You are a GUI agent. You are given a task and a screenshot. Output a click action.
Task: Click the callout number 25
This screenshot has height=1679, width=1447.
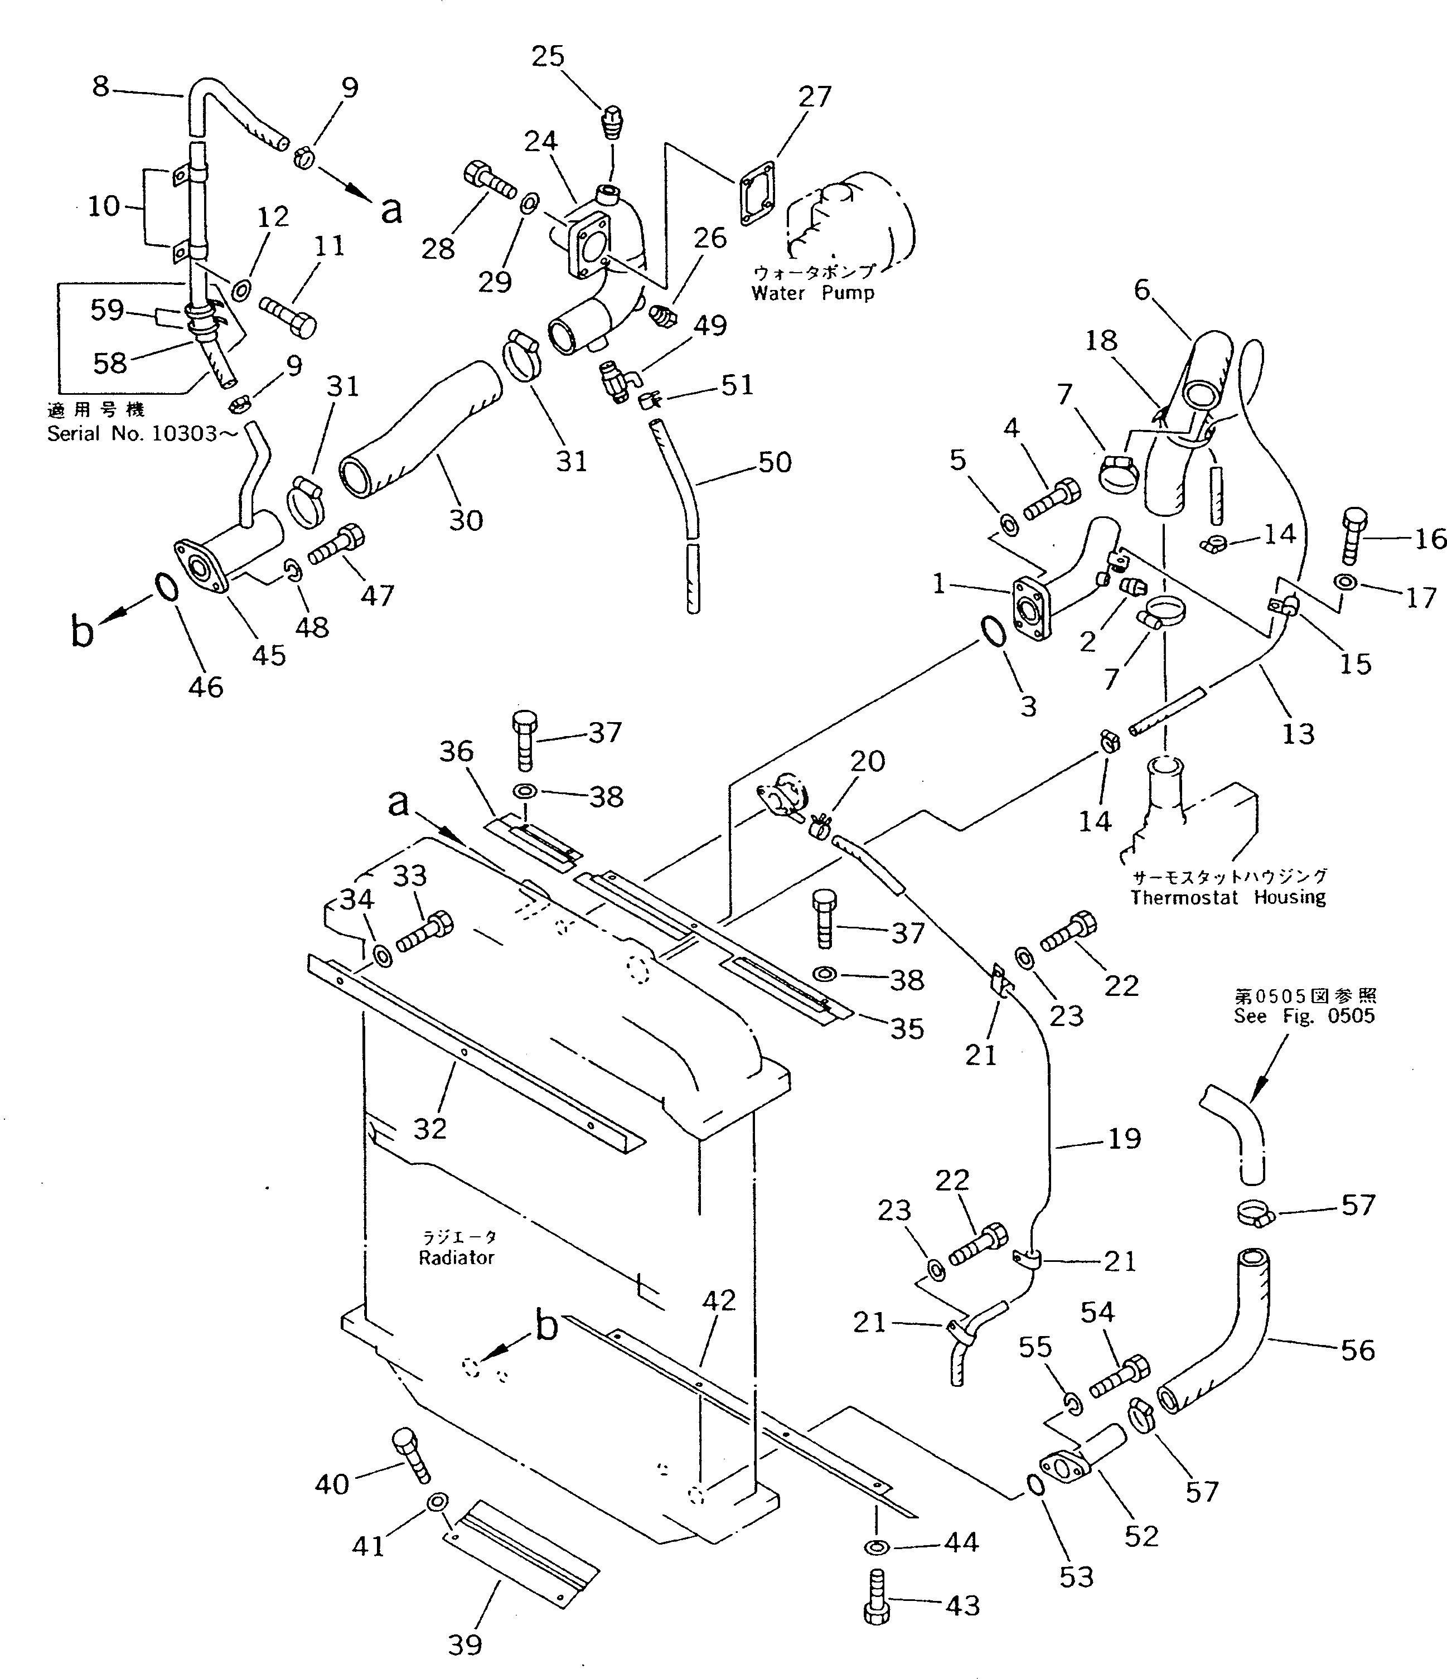point(548,57)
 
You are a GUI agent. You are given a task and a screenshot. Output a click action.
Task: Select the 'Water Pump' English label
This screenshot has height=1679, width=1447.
point(812,293)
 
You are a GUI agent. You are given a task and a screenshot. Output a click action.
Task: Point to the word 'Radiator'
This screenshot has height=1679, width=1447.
point(456,1257)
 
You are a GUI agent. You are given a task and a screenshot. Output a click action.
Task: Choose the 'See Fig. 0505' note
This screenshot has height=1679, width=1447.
point(1304,1016)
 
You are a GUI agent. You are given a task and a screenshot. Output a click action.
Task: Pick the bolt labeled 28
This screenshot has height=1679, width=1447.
point(490,181)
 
